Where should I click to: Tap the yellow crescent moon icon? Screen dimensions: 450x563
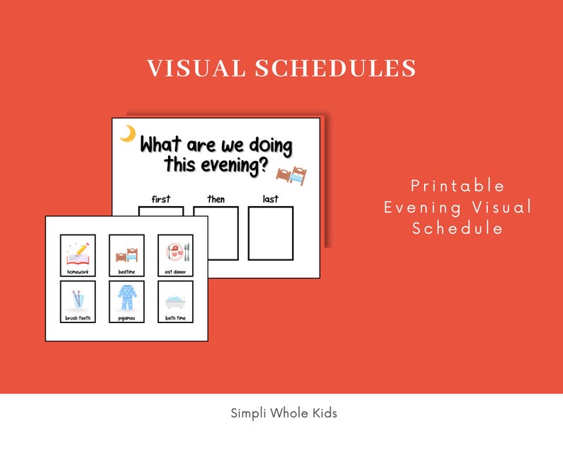(x=128, y=134)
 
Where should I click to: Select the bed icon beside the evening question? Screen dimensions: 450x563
(x=291, y=174)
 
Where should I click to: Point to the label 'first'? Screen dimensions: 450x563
(x=161, y=199)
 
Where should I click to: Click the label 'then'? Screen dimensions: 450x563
(x=216, y=199)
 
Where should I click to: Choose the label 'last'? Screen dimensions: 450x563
(x=270, y=199)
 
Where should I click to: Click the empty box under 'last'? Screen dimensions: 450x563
(x=270, y=233)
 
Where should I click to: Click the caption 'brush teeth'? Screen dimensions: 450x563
(x=77, y=318)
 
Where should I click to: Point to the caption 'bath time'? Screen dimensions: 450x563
(x=175, y=318)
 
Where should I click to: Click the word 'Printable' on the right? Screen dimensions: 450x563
(x=458, y=186)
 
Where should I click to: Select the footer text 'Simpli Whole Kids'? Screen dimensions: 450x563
(x=284, y=413)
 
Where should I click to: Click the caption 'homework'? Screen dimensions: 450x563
(x=77, y=271)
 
